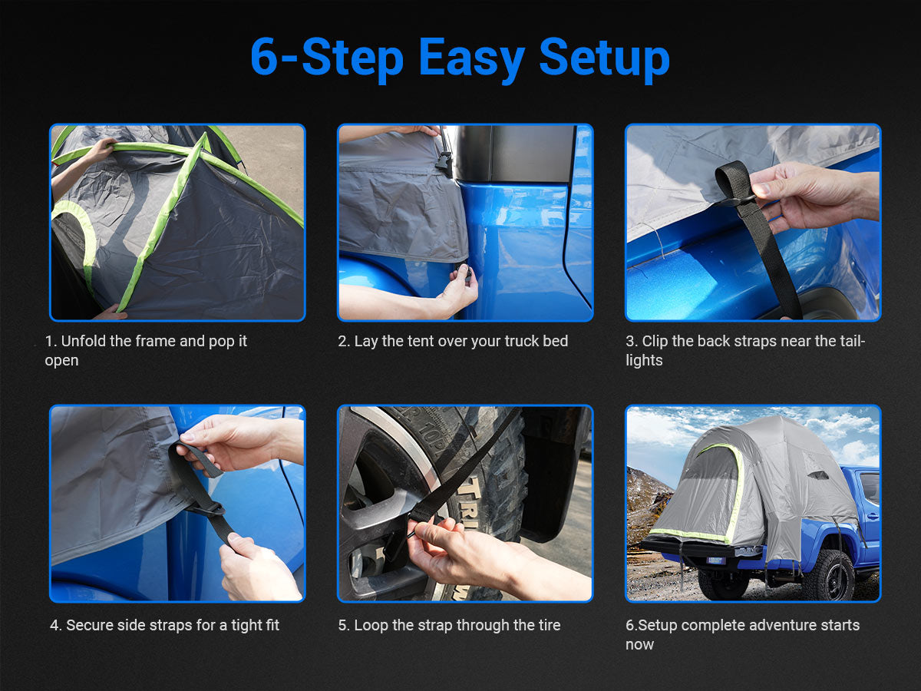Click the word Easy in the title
point(471,59)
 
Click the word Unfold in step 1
point(84,341)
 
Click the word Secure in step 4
point(90,625)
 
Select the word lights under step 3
point(644,360)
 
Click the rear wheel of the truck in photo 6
point(830,575)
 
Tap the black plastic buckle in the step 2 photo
point(444,161)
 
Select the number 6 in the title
point(264,57)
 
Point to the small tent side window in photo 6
point(817,475)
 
